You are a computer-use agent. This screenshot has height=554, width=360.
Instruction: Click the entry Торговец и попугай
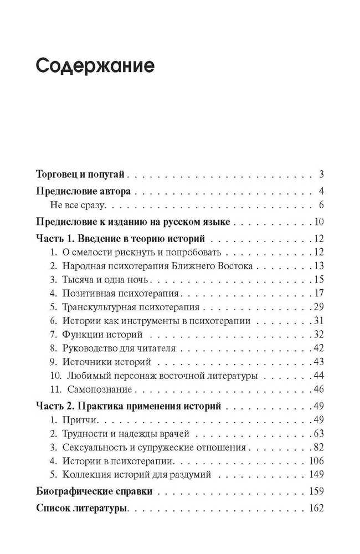click(x=81, y=175)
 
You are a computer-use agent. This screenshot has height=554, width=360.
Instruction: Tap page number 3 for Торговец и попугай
click(x=321, y=175)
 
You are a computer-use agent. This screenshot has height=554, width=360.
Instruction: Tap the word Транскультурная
click(x=97, y=307)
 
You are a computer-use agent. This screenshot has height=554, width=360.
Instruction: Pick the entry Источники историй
click(x=107, y=362)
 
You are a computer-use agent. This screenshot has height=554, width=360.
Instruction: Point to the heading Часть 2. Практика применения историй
click(x=128, y=406)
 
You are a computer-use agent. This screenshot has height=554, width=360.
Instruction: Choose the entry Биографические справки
click(x=94, y=491)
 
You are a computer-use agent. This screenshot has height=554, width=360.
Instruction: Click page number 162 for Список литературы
click(x=316, y=508)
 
